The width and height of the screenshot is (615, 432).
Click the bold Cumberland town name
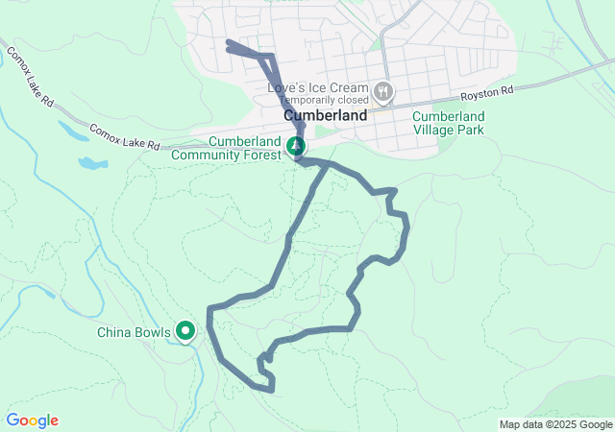(326, 115)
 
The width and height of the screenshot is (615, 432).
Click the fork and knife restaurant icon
(383, 91)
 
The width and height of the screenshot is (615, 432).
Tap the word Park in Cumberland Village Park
(471, 130)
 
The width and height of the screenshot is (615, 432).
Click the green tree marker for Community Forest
(296, 146)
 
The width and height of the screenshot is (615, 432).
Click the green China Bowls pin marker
(185, 332)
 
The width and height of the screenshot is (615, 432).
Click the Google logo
(32, 420)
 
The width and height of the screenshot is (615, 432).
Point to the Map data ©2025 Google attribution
(555, 424)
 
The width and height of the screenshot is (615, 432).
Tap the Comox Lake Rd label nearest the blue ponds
(124, 136)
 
